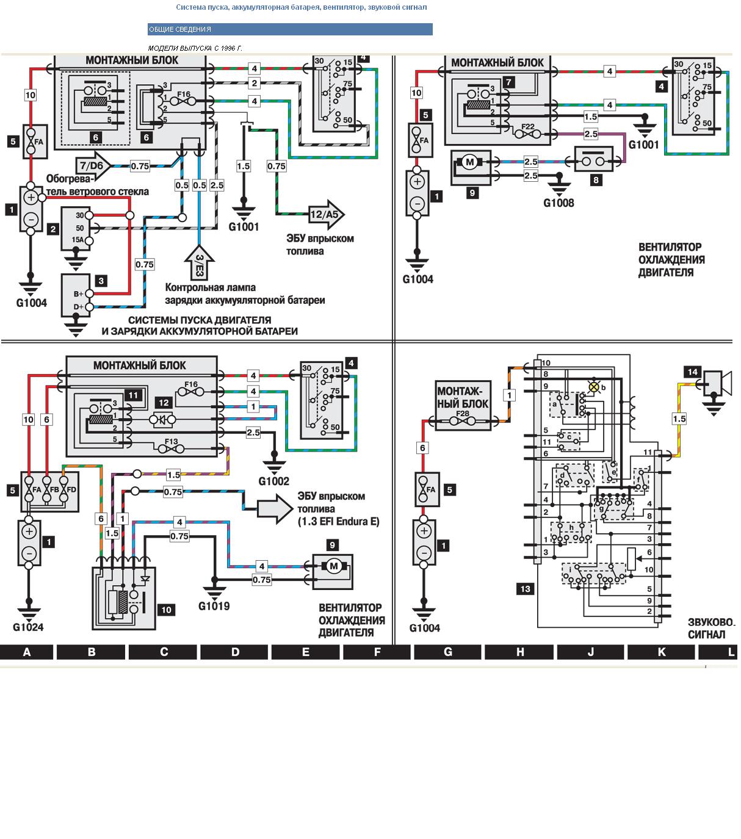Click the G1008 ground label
point(558,203)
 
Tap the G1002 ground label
point(273,481)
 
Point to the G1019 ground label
point(214,607)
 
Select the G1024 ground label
point(28,627)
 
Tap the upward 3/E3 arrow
point(199,263)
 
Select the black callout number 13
point(524,589)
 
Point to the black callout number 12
point(163,403)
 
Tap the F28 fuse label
point(463,413)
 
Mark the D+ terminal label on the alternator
point(79,307)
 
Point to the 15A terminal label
point(78,240)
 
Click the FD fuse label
point(72,489)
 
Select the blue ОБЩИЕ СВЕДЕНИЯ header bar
point(290,29)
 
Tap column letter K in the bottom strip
point(662,652)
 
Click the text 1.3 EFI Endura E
point(338,522)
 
